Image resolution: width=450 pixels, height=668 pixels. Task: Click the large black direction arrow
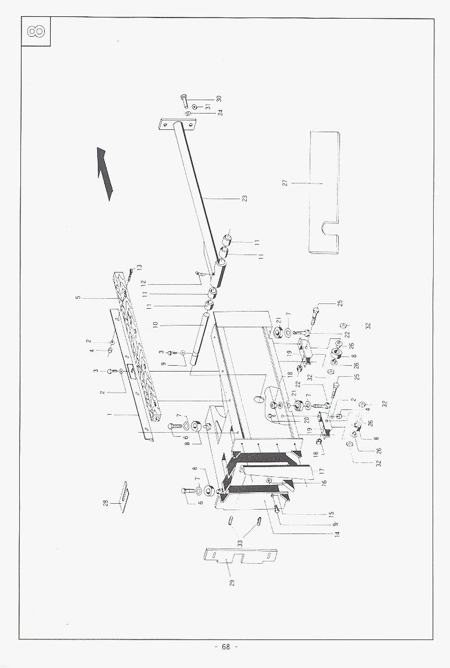105,172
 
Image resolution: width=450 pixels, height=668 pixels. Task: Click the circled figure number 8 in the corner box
36,32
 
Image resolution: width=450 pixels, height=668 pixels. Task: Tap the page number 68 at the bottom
226,646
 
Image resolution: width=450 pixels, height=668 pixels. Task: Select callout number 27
285,183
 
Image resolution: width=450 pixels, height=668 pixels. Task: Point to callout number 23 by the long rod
245,198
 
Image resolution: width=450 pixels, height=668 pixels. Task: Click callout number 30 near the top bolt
219,98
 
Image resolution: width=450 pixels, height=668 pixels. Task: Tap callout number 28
105,503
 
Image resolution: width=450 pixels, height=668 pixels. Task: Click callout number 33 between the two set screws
240,543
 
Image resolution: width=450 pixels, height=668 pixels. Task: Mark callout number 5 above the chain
78,298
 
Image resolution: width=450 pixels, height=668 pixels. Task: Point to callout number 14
337,533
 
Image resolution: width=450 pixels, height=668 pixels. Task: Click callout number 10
155,324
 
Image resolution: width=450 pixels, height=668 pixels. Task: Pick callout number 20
307,420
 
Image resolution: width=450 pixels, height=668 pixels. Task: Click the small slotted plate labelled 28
124,497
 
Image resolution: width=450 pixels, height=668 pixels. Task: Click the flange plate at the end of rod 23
178,125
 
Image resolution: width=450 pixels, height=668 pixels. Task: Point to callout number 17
322,471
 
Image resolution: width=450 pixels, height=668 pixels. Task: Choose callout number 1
109,414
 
